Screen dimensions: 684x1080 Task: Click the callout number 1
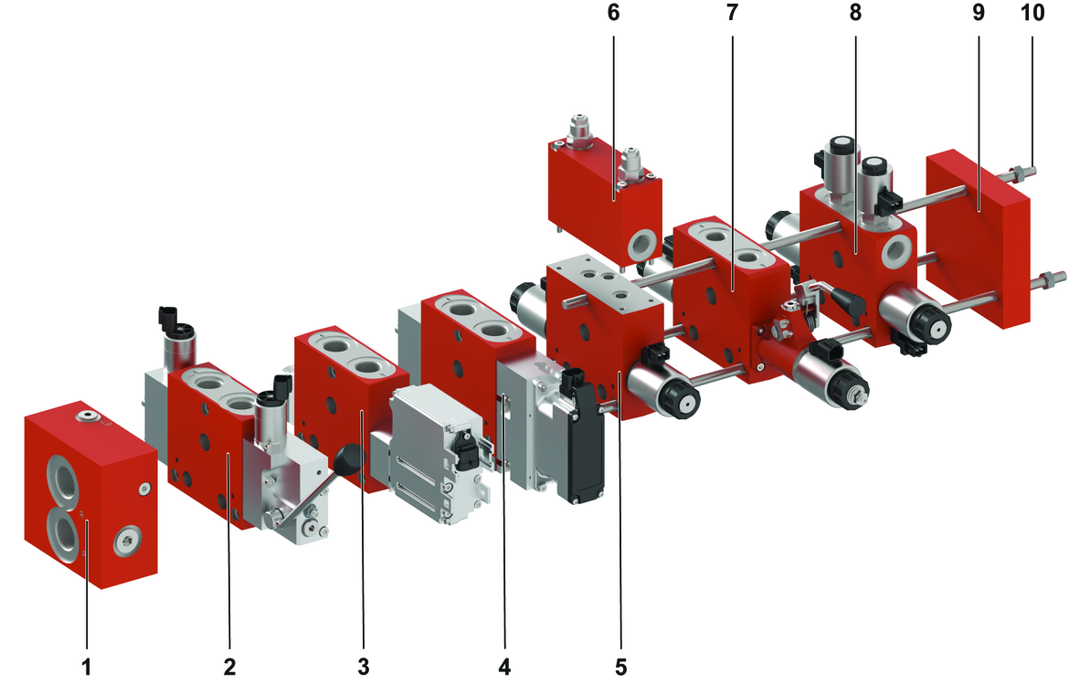(87, 666)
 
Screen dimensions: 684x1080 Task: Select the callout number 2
(228, 666)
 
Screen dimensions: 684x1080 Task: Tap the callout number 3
(364, 666)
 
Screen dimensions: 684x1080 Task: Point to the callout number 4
(504, 666)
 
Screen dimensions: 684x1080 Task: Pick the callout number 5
(621, 666)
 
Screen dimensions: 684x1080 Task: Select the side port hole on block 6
(641, 242)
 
